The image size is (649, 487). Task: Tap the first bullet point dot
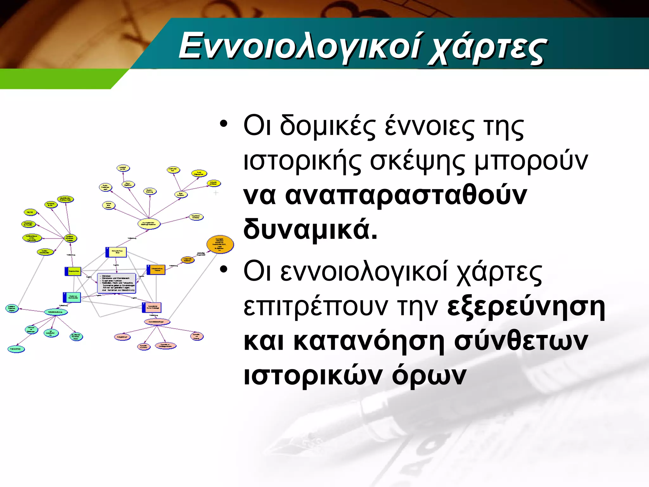[x=224, y=124]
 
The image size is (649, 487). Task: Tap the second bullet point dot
[x=224, y=269]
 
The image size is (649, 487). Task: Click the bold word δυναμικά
[x=310, y=229]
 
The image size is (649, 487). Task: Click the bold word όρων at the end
[x=429, y=375]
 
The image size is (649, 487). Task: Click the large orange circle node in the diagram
[x=220, y=244]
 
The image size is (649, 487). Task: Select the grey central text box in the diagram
[x=117, y=283]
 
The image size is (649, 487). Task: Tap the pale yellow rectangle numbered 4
[x=116, y=252]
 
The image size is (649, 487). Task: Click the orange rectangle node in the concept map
[x=156, y=269]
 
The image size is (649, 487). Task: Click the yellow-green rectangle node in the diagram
[x=73, y=271]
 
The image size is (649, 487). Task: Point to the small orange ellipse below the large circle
[x=188, y=260]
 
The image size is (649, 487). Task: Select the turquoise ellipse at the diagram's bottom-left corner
[x=16, y=349]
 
